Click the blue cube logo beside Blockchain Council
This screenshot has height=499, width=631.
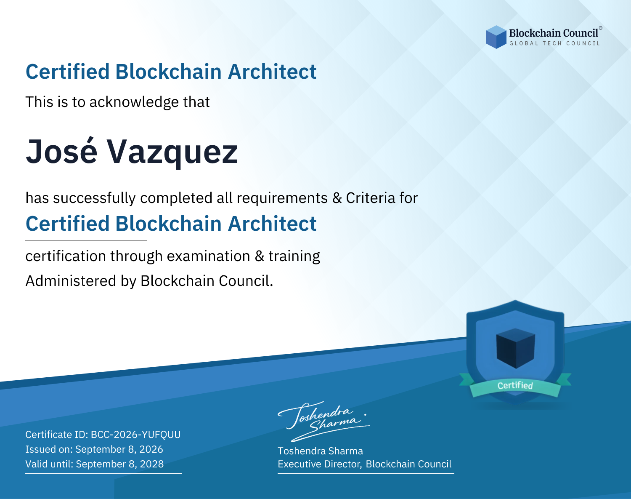[496, 37]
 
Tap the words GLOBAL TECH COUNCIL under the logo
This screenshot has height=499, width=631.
[555, 43]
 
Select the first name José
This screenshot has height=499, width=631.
[61, 152]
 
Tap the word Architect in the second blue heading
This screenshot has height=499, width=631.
[272, 223]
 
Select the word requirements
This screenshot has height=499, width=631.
[282, 198]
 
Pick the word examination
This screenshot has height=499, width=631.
[209, 256]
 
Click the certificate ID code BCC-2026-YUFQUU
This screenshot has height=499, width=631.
[136, 435]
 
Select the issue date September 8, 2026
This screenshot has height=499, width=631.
[119, 449]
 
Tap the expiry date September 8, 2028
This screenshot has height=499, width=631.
[119, 464]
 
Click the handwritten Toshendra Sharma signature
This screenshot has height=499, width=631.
[324, 421]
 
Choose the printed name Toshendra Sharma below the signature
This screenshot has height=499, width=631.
[320, 451]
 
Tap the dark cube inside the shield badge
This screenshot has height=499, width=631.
[515, 348]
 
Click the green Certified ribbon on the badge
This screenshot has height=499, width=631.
[515, 385]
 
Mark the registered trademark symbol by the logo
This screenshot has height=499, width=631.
[601, 28]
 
